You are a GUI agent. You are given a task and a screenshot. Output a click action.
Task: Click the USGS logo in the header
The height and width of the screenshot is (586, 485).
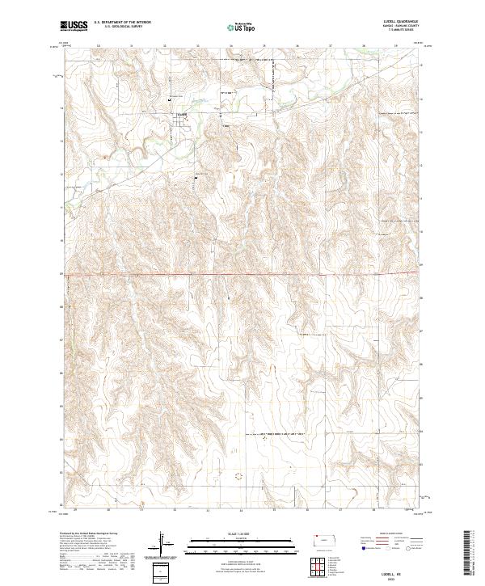(73, 27)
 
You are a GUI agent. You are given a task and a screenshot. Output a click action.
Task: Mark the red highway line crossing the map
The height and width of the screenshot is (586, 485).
(242, 275)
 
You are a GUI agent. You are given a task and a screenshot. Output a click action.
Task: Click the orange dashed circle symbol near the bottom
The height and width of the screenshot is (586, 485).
(238, 476)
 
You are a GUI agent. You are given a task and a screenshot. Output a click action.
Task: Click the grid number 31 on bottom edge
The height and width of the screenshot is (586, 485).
(142, 511)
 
